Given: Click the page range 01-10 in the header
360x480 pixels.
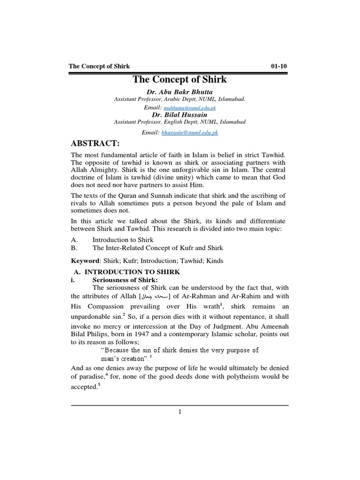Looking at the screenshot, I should click(279, 66).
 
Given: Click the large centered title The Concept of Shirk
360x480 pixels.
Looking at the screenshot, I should click(180, 79).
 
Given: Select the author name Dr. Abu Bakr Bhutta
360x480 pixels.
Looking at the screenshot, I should click(180, 91).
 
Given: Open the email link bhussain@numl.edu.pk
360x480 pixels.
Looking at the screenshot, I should click(189, 133).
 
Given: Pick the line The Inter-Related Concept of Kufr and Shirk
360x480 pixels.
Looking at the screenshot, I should click(158, 247).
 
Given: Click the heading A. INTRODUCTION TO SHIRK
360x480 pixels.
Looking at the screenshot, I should click(127, 272).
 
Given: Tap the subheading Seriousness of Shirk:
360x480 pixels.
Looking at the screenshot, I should click(119, 280).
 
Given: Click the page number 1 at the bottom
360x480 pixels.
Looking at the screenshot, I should click(180, 412).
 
